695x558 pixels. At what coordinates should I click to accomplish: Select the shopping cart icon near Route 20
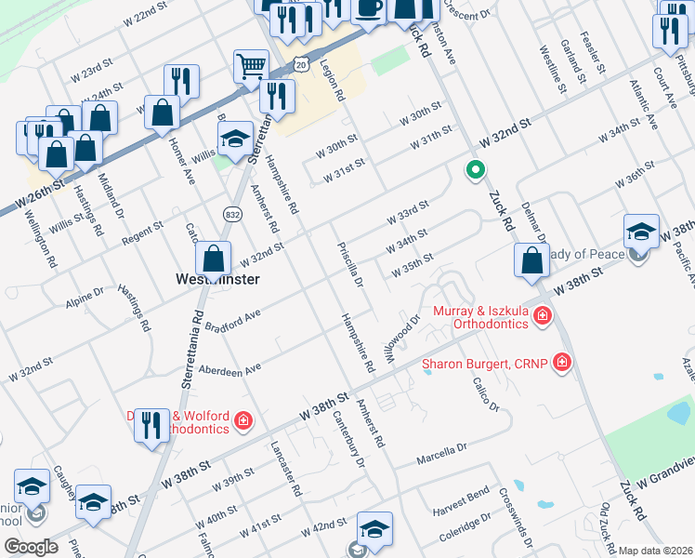click(251, 67)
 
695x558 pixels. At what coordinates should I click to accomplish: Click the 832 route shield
click(231, 214)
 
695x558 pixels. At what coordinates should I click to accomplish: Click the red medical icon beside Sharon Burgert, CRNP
click(561, 362)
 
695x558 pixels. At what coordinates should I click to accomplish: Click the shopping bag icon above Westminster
click(214, 259)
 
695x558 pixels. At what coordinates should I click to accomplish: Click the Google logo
click(31, 547)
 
